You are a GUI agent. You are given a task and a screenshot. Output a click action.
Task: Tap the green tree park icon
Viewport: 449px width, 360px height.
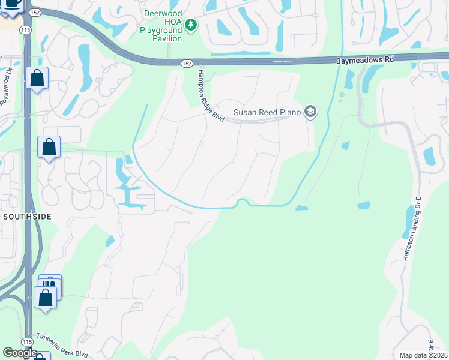click(x=191, y=25)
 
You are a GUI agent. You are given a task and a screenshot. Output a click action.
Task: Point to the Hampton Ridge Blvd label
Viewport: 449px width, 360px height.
click(x=210, y=96)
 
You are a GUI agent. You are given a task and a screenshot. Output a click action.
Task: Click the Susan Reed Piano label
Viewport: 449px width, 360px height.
click(x=267, y=112)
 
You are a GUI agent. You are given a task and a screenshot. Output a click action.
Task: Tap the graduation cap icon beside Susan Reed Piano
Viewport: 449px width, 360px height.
click(x=310, y=112)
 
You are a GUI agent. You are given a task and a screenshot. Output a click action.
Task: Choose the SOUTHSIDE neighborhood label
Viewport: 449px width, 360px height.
click(x=27, y=215)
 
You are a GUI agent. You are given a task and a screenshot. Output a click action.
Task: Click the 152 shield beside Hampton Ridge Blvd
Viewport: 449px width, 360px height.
click(x=187, y=63)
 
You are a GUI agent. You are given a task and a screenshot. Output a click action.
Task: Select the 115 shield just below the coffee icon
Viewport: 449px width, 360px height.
click(x=25, y=29)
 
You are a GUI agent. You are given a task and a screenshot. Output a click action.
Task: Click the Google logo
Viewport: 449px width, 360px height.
click(x=20, y=353)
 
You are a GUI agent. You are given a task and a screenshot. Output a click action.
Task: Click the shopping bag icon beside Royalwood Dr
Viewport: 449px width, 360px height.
click(x=37, y=79)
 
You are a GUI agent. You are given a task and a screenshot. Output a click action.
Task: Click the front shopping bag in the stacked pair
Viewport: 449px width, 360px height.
click(x=45, y=297)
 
